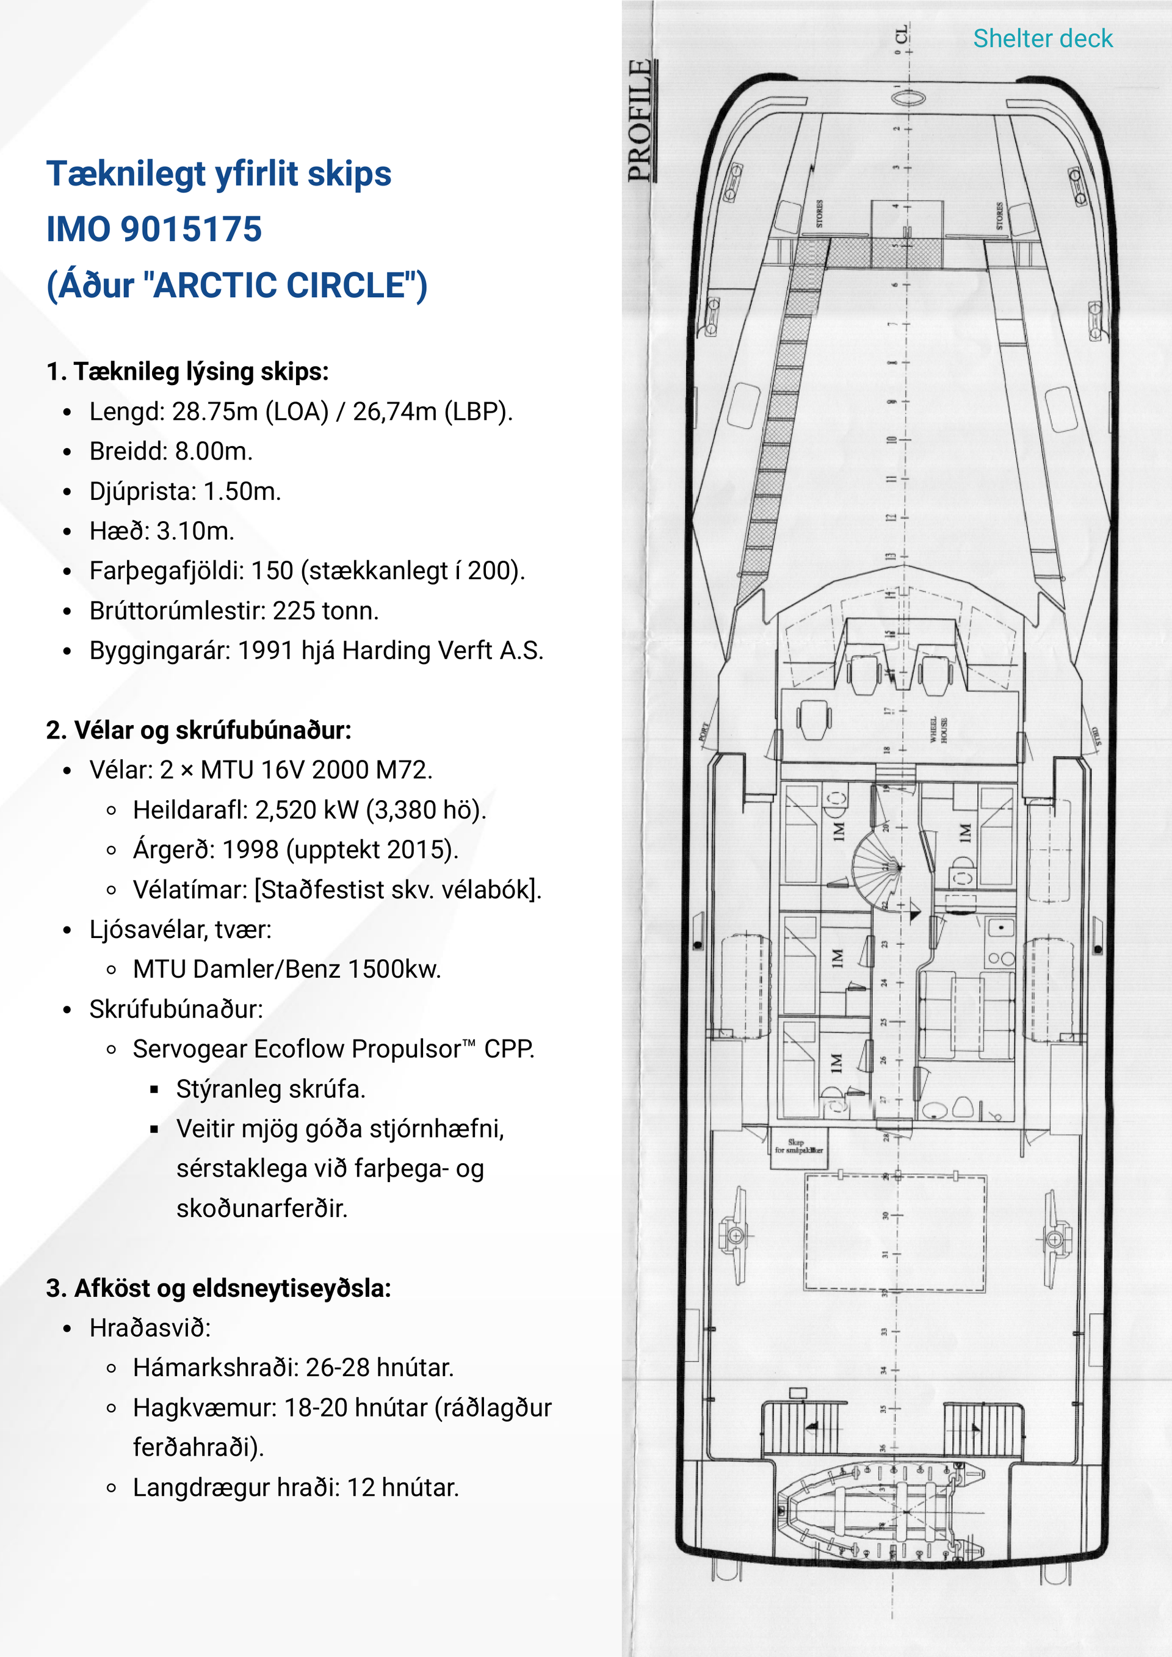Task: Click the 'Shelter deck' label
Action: point(1042,38)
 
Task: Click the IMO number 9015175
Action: point(190,229)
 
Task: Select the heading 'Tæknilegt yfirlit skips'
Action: point(219,174)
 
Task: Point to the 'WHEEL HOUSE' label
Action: point(938,729)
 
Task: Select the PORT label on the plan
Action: point(705,731)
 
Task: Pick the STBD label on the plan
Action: point(1096,736)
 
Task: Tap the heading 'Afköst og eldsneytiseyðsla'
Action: point(232,1288)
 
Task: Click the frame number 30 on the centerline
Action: point(886,1216)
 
